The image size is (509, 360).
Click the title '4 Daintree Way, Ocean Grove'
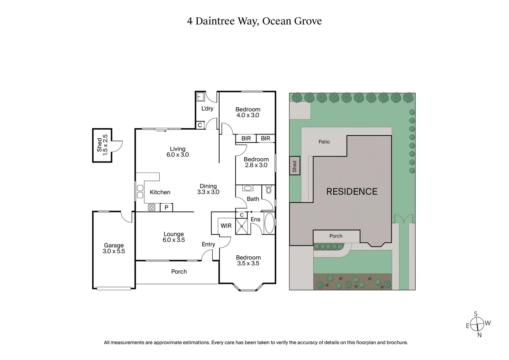point(254,21)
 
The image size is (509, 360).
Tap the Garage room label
point(114,248)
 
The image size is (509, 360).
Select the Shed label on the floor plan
point(102,145)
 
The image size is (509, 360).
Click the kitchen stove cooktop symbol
point(152,207)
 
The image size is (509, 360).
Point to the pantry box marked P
point(166,207)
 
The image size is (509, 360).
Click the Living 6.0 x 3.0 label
point(177,152)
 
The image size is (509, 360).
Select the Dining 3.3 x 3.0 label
point(208,189)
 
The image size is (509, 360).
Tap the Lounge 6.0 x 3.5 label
point(174,237)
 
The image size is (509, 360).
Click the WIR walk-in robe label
point(226,226)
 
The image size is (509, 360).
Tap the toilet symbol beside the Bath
point(269,190)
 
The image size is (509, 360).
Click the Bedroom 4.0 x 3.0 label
point(248,112)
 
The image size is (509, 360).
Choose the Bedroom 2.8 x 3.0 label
point(256,162)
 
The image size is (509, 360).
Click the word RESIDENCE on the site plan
point(352,192)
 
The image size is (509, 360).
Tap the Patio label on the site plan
point(324,142)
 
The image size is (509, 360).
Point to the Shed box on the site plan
point(295,166)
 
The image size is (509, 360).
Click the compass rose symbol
point(478,324)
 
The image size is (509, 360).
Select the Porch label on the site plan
point(336,236)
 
